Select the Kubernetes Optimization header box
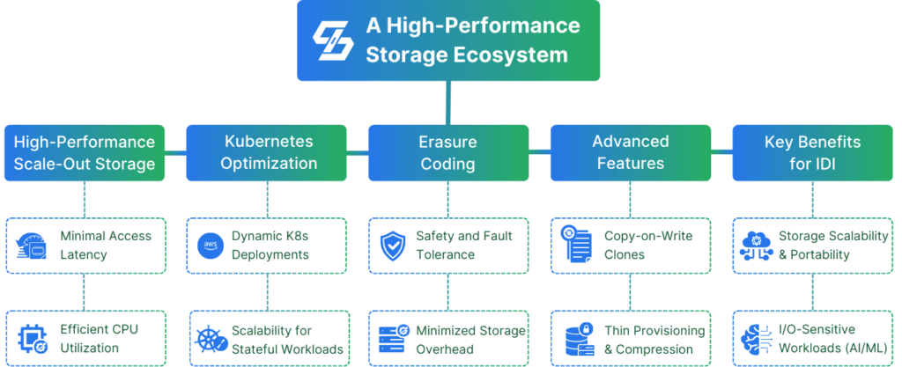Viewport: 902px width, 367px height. tap(269, 152)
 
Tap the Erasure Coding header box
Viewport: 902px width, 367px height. tap(448, 152)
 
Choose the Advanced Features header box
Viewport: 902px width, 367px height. tap(630, 152)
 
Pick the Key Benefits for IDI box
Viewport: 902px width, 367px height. tap(811, 152)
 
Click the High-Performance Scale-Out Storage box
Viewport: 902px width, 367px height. tap(85, 152)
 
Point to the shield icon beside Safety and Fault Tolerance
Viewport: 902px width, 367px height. tap(392, 246)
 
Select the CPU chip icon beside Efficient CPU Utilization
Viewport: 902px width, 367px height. tap(33, 339)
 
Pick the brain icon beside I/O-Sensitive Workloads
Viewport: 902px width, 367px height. tap(756, 339)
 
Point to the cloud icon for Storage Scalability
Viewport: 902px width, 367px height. tap(756, 246)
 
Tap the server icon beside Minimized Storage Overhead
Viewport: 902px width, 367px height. tap(392, 339)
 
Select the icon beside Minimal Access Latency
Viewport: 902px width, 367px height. tap(33, 246)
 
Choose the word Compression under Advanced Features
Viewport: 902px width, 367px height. tap(662, 349)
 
